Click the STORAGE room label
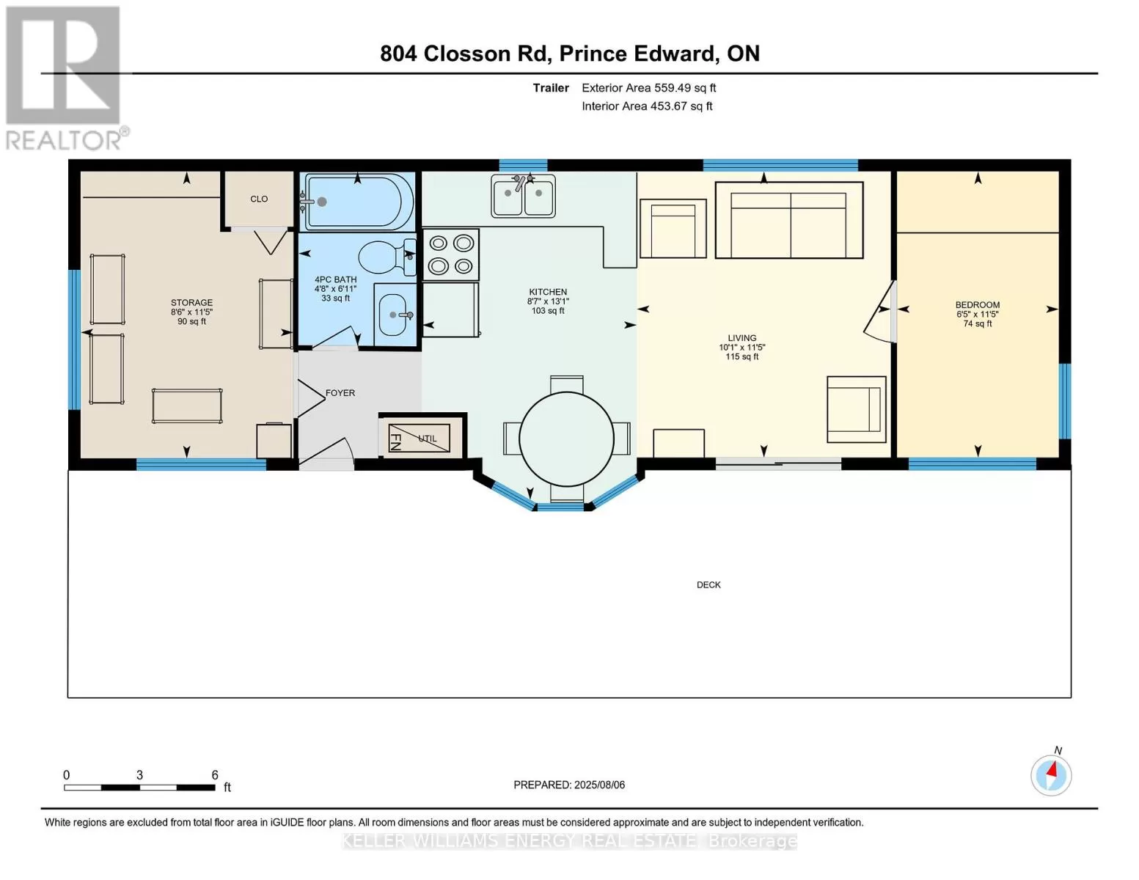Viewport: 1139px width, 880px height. click(191, 302)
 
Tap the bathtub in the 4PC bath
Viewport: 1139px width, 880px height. click(357, 202)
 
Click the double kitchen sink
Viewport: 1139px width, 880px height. click(523, 197)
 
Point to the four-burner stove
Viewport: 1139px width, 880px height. click(451, 254)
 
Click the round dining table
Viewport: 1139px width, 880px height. click(567, 439)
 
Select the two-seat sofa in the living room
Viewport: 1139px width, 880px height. click(789, 220)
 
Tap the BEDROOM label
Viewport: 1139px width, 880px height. click(978, 304)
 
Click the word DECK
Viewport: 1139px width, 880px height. click(708, 585)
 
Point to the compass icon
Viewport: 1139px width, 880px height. click(1051, 776)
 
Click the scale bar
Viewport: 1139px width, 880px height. click(139, 788)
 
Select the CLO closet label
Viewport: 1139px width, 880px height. click(259, 199)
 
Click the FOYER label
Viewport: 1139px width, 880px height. click(340, 392)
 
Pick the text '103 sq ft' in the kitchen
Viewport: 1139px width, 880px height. click(548, 311)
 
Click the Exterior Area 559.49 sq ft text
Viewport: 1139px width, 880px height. click(649, 88)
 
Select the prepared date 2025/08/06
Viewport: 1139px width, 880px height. click(600, 785)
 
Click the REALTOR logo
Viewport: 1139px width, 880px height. click(66, 78)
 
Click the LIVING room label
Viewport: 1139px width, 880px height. click(741, 338)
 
